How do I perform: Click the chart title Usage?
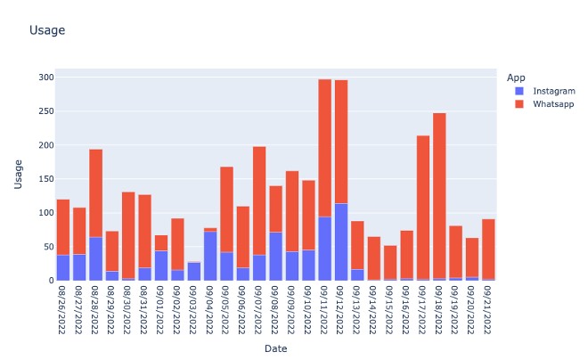tap(46, 31)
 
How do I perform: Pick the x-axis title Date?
tap(275, 348)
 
